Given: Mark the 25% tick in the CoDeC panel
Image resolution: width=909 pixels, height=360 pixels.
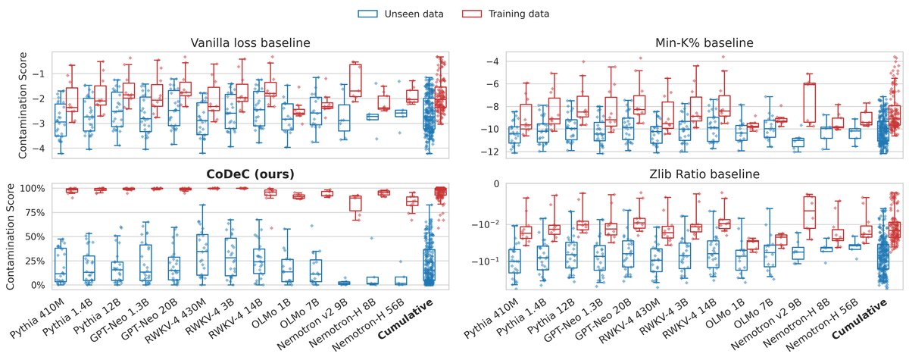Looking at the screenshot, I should click(x=33, y=261).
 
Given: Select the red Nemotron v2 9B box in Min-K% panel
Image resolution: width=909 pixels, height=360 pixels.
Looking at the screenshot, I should click(x=809, y=102).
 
